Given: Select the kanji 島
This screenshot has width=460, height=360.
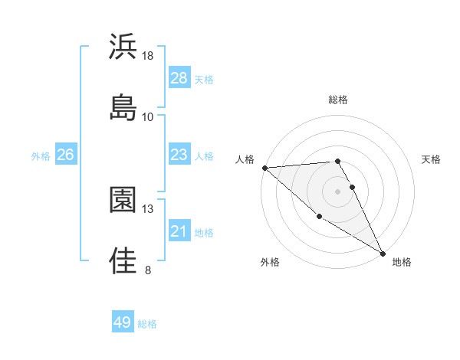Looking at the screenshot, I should (x=123, y=108).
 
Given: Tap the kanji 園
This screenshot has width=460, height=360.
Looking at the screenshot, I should (x=123, y=200).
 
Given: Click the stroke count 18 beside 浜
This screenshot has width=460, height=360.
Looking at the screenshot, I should (x=148, y=56).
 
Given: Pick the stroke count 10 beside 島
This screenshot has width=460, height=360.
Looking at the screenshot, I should (x=148, y=117).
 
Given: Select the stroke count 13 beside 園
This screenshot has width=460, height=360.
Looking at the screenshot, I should (x=148, y=208).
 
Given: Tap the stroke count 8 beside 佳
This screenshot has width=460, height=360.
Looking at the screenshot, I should (x=148, y=270).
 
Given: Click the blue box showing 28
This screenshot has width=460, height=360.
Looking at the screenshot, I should (x=179, y=78).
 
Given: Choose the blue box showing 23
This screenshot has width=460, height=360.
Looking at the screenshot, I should (x=179, y=155).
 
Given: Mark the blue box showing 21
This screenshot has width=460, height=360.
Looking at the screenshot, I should (x=179, y=231).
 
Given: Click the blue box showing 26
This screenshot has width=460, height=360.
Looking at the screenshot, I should (x=66, y=155).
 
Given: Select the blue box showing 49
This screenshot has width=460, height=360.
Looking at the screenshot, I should (x=123, y=322).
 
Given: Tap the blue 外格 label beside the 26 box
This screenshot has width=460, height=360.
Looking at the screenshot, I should (x=41, y=155).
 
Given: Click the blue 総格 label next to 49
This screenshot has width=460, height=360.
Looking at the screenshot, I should (x=147, y=324).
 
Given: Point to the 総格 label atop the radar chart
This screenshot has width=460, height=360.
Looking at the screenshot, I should (x=338, y=100).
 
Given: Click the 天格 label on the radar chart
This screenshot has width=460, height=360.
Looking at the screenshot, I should (x=432, y=159).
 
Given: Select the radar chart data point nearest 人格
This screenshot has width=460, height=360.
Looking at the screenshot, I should (x=264, y=168).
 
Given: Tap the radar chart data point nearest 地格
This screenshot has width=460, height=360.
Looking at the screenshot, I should (x=383, y=253).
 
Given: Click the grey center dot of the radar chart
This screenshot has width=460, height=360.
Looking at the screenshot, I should (x=338, y=191).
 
